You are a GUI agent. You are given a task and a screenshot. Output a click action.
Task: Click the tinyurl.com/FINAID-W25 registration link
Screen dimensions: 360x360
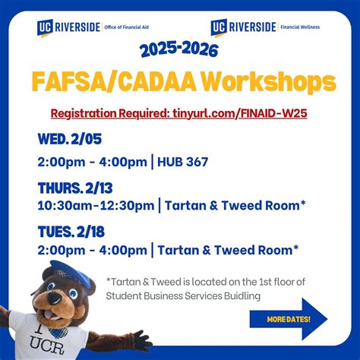pyautogui.click(x=232, y=113)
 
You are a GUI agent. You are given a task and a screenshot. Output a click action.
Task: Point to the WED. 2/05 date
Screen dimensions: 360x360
pyautogui.click(x=71, y=139)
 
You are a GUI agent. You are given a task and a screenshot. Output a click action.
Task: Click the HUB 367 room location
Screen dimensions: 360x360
pyautogui.click(x=183, y=162)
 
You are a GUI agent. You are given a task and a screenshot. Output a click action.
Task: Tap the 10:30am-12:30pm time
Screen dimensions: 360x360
pyautogui.click(x=95, y=205)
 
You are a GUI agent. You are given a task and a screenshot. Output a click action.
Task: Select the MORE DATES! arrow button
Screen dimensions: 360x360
pyautogui.click(x=289, y=318)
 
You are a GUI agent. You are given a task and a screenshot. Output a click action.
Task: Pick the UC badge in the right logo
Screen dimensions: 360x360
pyautogui.click(x=220, y=27)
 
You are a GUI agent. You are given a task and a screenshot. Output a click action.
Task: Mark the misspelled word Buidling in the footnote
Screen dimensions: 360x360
pyautogui.click(x=241, y=295)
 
